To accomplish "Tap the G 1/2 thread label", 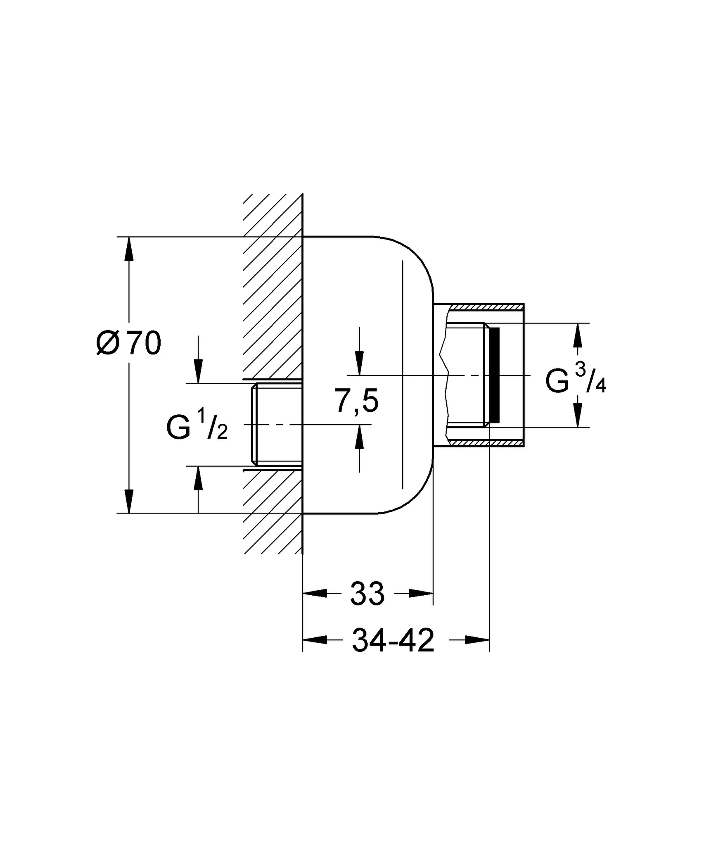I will [x=197, y=428].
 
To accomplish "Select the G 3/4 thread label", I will [x=575, y=380].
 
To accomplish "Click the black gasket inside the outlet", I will [x=494, y=375].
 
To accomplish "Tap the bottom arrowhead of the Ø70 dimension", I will [x=129, y=501].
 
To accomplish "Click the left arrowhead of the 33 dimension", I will [x=315, y=594].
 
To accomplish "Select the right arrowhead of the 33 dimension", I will [x=421, y=594].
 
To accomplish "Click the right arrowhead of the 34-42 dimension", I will [x=477, y=640].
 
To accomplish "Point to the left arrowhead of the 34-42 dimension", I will [x=315, y=640].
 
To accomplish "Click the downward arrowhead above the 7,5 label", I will [x=360, y=363].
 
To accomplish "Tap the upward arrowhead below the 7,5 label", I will [x=360, y=437].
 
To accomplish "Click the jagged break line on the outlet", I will [x=446, y=375].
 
